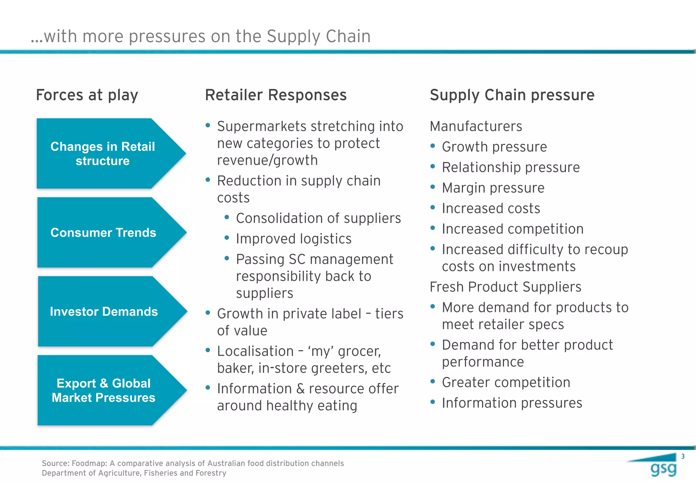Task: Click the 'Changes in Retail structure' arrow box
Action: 103,154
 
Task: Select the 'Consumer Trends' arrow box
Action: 103,233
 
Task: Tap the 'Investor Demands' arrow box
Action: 104,311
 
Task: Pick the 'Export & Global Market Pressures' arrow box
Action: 104,390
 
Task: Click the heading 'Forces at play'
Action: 87,95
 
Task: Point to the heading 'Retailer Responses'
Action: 276,95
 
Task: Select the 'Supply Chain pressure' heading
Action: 512,95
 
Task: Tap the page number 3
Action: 683,457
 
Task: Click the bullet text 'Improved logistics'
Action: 294,239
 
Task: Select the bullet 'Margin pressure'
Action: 493,188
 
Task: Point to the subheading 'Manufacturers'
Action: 476,126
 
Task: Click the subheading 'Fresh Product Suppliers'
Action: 505,287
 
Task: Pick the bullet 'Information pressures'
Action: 512,403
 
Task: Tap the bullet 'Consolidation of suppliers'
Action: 318,218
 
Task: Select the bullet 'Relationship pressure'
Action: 510,168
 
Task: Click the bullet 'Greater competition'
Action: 506,382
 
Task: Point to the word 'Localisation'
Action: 255,351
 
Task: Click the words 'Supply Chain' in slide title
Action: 318,36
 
